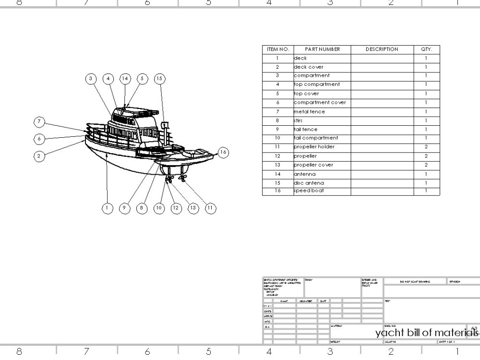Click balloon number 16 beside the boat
click(223, 152)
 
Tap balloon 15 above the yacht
click(159, 78)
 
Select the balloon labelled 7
click(39, 121)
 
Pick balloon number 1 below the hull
click(107, 208)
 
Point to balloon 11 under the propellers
click(210, 208)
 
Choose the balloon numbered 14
click(125, 78)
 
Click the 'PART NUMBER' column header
click(322, 49)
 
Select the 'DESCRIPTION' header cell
click(382, 49)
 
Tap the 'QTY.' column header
click(426, 49)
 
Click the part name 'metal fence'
click(310, 111)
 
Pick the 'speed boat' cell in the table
click(309, 191)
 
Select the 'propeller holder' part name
click(314, 147)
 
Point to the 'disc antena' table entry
click(309, 183)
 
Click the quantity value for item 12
click(426, 156)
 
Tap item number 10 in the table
click(277, 138)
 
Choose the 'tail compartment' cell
click(316, 138)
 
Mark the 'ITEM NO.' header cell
click(277, 49)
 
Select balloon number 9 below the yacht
click(124, 208)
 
